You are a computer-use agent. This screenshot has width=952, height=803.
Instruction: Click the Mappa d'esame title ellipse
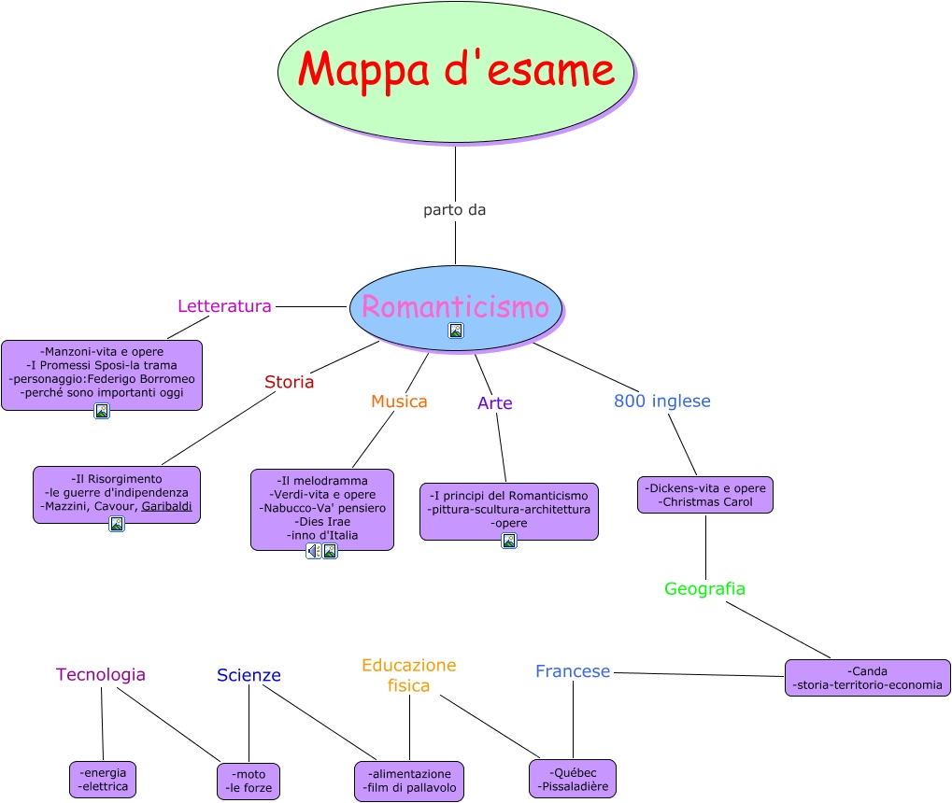(455, 71)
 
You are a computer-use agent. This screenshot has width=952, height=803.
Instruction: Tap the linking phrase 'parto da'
(455, 210)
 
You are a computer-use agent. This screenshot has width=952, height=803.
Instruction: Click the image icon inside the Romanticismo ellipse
(456, 331)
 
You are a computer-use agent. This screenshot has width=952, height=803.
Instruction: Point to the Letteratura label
(224, 306)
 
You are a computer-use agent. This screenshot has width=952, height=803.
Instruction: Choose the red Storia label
(289, 382)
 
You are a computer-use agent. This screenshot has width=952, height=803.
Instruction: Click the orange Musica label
(399, 401)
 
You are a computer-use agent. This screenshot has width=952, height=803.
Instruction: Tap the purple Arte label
(495, 403)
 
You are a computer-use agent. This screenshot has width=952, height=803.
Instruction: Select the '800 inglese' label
(661, 401)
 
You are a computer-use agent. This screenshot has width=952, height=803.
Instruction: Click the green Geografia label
(704, 589)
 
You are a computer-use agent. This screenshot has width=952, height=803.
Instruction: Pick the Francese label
(573, 671)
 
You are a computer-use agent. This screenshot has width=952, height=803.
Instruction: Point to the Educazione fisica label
(409, 675)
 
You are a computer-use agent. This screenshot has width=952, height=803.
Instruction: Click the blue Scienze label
(249, 675)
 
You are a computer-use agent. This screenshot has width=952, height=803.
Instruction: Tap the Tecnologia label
(101, 674)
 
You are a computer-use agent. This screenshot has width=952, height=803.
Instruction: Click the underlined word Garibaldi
(167, 506)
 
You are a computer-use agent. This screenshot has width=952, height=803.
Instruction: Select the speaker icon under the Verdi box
(314, 551)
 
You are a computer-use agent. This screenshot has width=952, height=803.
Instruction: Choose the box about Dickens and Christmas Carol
(705, 495)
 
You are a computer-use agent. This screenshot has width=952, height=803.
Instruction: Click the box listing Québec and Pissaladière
(573, 780)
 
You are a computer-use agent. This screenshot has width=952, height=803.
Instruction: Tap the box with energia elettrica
(103, 780)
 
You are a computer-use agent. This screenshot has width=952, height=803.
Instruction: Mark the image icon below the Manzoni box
(102, 411)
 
